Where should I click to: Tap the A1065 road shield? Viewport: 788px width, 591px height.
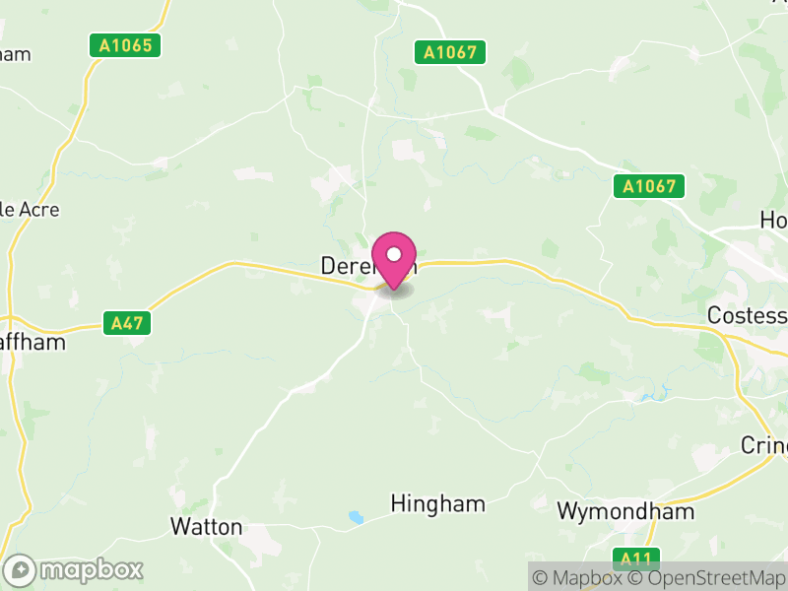point(129,45)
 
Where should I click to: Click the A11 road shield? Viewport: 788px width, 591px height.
point(635,558)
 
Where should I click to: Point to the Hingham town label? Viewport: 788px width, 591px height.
point(438,504)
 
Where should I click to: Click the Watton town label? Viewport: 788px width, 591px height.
point(206,526)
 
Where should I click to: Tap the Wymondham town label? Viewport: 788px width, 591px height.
point(625,511)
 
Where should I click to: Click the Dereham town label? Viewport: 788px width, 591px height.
point(345,266)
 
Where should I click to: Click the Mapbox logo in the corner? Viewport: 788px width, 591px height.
point(75,569)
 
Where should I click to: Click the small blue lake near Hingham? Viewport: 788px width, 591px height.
point(355,516)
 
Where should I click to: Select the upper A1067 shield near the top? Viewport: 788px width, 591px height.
point(450,52)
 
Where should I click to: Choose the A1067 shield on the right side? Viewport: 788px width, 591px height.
point(648,185)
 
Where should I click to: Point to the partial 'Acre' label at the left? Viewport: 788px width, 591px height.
point(30,210)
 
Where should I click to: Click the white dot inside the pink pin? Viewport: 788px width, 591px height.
point(394,254)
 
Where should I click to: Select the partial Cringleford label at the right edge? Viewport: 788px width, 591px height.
point(764,445)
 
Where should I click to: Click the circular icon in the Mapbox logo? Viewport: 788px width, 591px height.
point(20,569)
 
